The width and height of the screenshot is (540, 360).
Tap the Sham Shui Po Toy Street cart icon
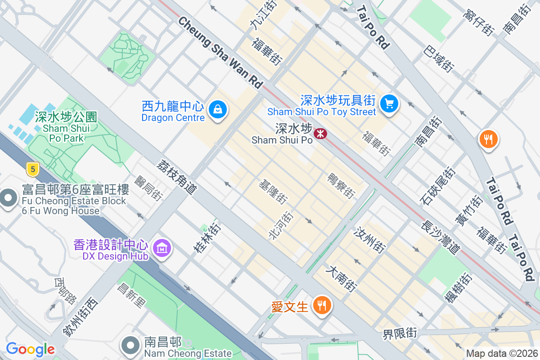click(x=389, y=104)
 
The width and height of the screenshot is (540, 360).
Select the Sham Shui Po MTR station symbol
click(x=320, y=133)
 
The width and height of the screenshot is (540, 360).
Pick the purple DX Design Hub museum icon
click(x=162, y=247)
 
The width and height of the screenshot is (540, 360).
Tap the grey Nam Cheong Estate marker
click(x=131, y=345)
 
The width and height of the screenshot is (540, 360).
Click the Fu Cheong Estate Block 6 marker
click(x=8, y=198)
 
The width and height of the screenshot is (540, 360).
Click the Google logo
click(x=30, y=349)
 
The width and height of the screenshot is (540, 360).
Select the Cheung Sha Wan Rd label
click(x=220, y=52)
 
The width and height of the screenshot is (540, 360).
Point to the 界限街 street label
click(x=400, y=333)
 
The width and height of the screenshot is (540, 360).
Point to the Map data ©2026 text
click(x=502, y=354)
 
